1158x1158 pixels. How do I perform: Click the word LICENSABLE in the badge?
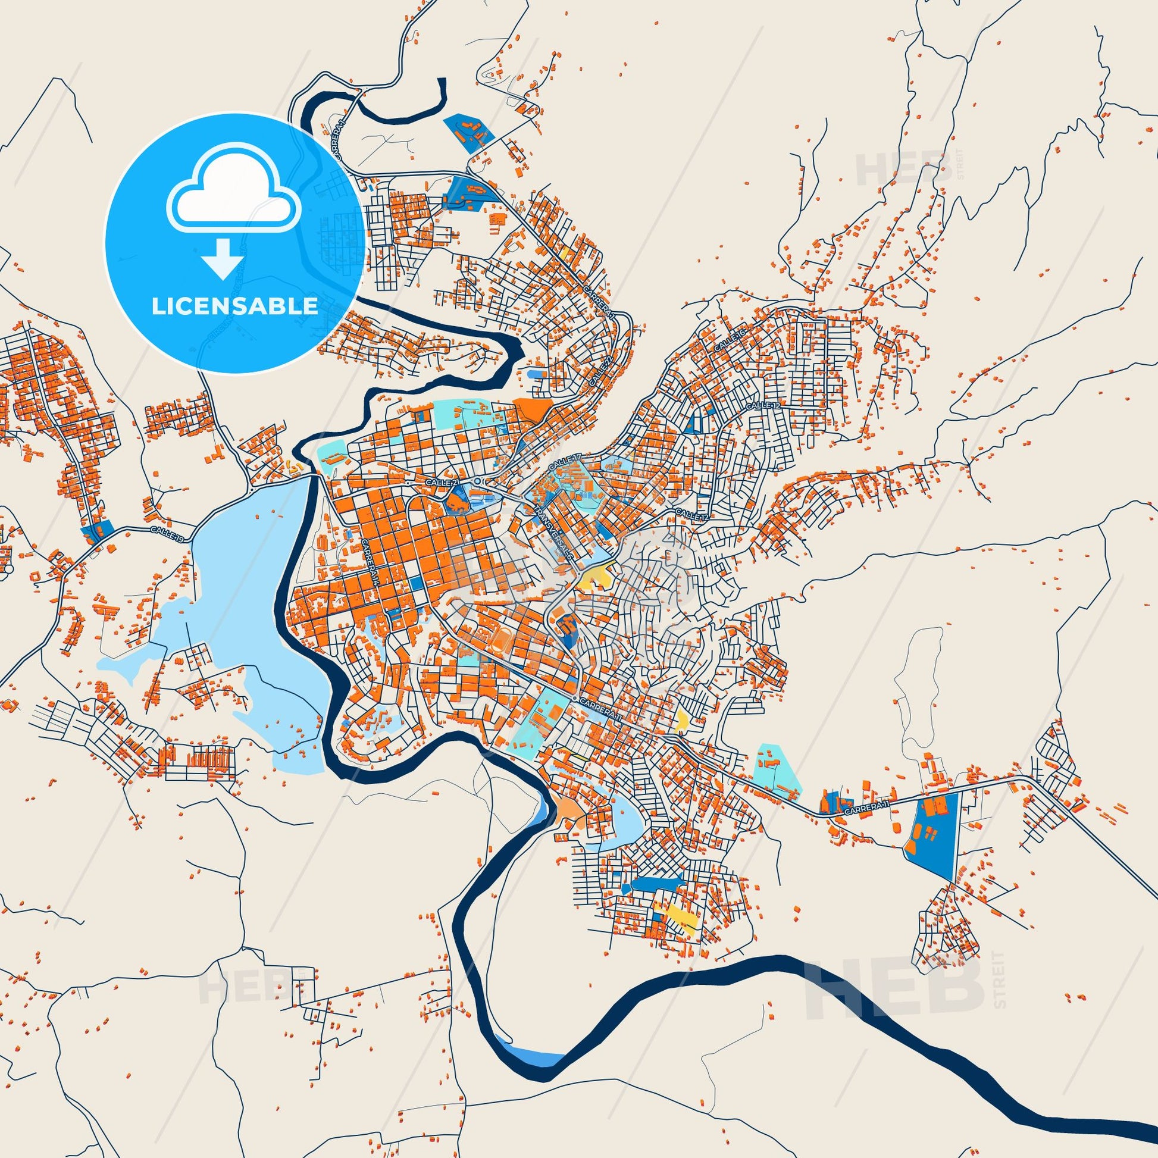pos(234,306)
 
